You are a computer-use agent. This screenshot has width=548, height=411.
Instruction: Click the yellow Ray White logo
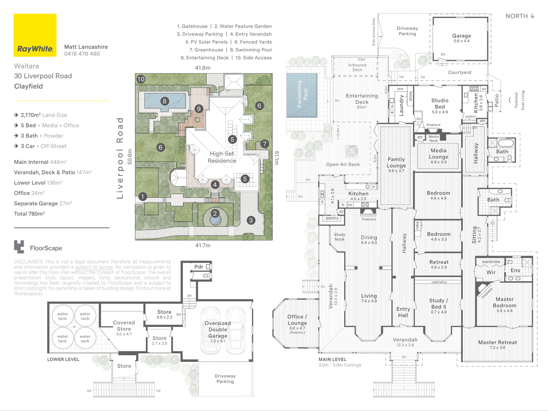coord(35,35)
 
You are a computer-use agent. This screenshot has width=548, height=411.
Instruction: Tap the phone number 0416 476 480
coord(82,54)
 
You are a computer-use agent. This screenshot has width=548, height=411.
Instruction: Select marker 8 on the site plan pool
coord(164,101)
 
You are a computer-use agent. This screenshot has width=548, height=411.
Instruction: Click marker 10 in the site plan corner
coord(141,79)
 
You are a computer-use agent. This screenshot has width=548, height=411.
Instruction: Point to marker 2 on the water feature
coord(215,213)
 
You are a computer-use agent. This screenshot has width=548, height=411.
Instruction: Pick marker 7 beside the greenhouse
coord(264,144)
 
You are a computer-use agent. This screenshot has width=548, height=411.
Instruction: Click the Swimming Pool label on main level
coord(302,94)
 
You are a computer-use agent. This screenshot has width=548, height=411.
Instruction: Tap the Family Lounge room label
coord(396,162)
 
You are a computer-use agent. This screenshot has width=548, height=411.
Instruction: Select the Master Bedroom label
coord(505,303)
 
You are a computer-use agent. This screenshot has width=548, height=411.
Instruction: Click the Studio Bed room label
coord(440,104)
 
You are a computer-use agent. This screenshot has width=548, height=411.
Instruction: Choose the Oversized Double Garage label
coord(218,330)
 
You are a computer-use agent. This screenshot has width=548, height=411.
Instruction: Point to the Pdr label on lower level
coord(199,267)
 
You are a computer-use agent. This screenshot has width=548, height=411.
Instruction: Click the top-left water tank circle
coord(62,316)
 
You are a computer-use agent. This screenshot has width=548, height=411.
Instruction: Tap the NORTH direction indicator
coord(520,16)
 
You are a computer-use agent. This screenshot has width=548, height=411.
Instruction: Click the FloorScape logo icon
coord(19,247)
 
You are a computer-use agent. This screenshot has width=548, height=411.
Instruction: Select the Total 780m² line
coord(29,214)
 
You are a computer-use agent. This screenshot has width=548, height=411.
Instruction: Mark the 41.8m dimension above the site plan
coord(202,68)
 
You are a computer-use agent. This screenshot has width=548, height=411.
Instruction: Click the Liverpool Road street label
coord(120,158)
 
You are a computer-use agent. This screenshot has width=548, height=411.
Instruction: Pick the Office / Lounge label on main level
coord(297,320)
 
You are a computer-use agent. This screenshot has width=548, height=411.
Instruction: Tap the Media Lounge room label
coord(438,154)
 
